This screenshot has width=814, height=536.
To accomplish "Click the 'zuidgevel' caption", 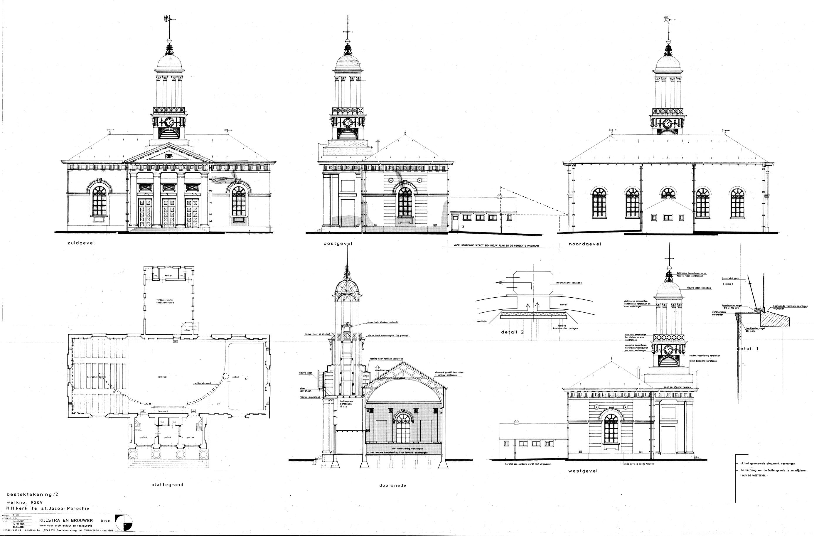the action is tap(81, 243).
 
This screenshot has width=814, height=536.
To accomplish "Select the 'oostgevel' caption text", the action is tap(338, 244).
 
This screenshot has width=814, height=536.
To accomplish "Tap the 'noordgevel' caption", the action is tap(584, 244).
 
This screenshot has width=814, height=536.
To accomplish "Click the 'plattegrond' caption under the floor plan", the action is tap(167, 484).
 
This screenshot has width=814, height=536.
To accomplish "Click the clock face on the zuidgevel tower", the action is tap(169, 122).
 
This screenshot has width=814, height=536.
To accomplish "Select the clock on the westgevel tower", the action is tap(667, 350).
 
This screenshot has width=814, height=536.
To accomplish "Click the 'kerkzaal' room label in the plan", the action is tap(162, 376).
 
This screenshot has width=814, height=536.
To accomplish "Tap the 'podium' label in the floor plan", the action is tap(236, 376).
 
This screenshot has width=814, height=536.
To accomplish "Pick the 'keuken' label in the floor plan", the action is tap(168, 275).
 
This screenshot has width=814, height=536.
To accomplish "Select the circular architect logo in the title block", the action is tap(124, 524).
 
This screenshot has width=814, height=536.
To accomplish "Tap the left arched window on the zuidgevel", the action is tap(99, 201).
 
